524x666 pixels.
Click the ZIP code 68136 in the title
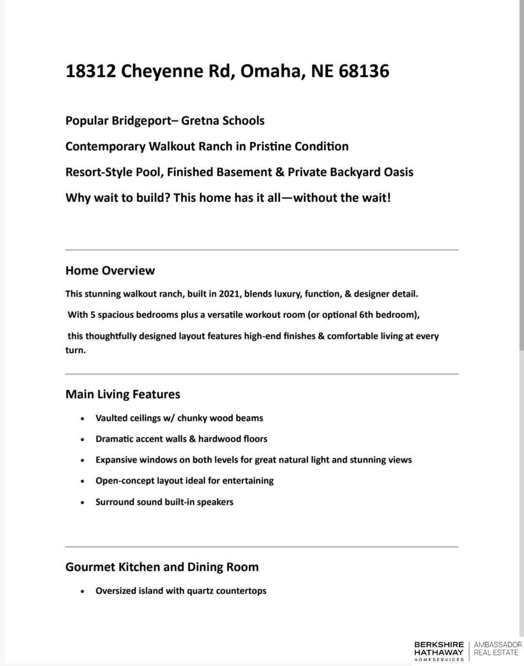click(x=364, y=71)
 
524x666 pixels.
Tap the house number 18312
click(x=90, y=71)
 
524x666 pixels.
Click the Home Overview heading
click(x=110, y=271)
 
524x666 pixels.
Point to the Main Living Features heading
click(x=123, y=394)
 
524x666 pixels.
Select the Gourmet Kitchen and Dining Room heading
click(x=162, y=567)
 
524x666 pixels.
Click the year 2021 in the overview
click(x=229, y=294)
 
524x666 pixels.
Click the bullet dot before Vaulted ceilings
click(x=83, y=418)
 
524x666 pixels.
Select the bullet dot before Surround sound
click(x=83, y=502)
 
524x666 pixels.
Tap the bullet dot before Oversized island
click(x=83, y=591)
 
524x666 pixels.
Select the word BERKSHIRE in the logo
click(x=439, y=645)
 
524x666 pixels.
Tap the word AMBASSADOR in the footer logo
click(x=497, y=645)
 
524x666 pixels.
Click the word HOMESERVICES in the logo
click(x=439, y=660)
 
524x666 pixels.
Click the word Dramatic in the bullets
click(x=115, y=439)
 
